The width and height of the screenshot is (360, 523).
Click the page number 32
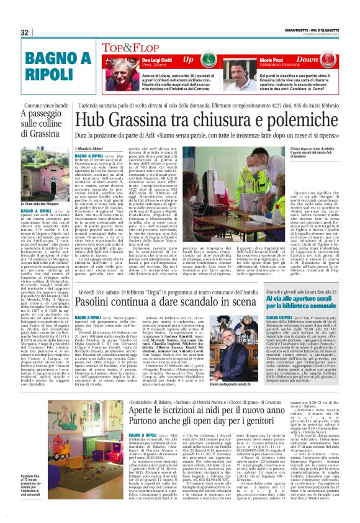pos(24,32)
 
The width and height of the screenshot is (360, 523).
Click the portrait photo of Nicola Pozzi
pos(235,68)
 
